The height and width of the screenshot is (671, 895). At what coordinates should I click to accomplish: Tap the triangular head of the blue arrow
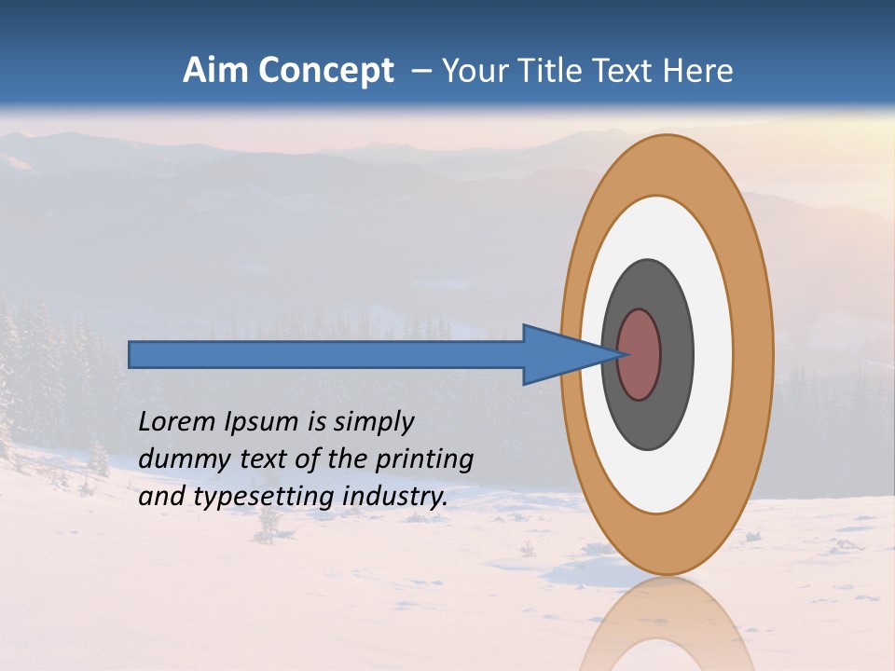pos(559,355)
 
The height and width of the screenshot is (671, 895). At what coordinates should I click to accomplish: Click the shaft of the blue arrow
pos(326,355)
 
